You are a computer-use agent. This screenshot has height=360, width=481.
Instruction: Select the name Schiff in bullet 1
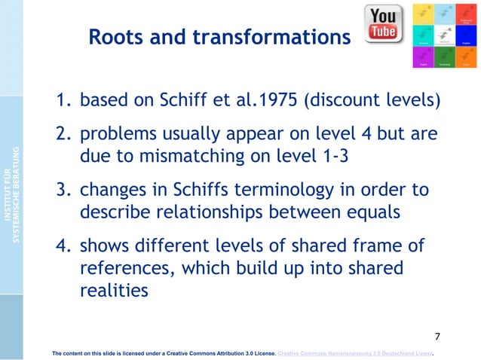201,100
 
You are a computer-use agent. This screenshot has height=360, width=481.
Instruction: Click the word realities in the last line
113,291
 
